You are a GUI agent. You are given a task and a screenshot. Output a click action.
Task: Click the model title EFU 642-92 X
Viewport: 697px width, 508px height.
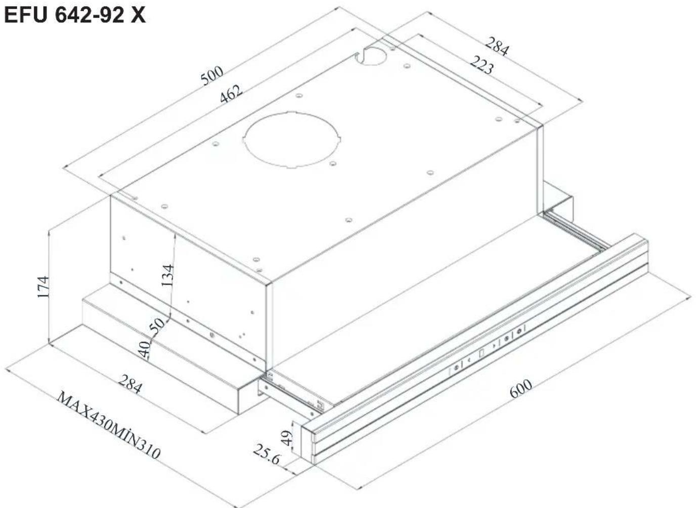click(x=75, y=15)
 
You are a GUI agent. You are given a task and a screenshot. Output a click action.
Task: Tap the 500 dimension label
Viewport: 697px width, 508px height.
click(x=211, y=75)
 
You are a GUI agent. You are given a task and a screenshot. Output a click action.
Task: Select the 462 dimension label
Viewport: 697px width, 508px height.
click(x=231, y=94)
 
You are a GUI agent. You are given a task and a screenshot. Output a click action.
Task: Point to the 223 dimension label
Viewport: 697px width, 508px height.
click(x=482, y=65)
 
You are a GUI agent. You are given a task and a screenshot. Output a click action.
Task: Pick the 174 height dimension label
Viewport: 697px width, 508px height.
click(x=43, y=286)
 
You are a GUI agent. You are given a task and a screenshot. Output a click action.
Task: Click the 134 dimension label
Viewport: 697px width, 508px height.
click(x=167, y=275)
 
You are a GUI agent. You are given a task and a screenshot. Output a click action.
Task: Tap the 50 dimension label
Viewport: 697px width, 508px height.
click(x=157, y=325)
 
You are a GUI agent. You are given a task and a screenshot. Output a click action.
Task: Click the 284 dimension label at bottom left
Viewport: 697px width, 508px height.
click(x=130, y=384)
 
